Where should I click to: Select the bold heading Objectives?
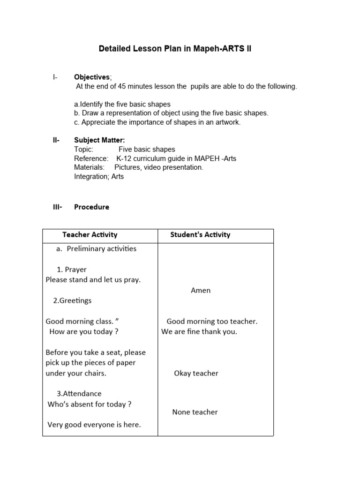pyautogui.click(x=92, y=77)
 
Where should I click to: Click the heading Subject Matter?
pyautogui.click(x=99, y=140)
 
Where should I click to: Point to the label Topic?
pyautogui.click(x=84, y=149)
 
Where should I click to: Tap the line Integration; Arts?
pyautogui.click(x=99, y=177)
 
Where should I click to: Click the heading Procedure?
pyautogui.click(x=91, y=207)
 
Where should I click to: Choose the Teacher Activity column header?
pyautogui.click(x=90, y=235)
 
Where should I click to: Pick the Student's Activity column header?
pyautogui.click(x=200, y=235)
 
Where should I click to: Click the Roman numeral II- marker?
pyautogui.click(x=56, y=140)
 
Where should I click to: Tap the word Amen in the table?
pyautogui.click(x=201, y=290)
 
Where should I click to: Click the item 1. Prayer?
pyautogui.click(x=72, y=270)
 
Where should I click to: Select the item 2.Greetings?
pyautogui.click(x=72, y=300)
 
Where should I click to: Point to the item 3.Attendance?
pyautogui.click(x=79, y=394)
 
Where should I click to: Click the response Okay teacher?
pyautogui.click(x=196, y=373)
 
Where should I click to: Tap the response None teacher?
pyautogui.click(x=195, y=412)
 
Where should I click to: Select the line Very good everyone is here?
pyautogui.click(x=94, y=425)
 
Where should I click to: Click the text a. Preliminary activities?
pyautogui.click(x=96, y=248)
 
